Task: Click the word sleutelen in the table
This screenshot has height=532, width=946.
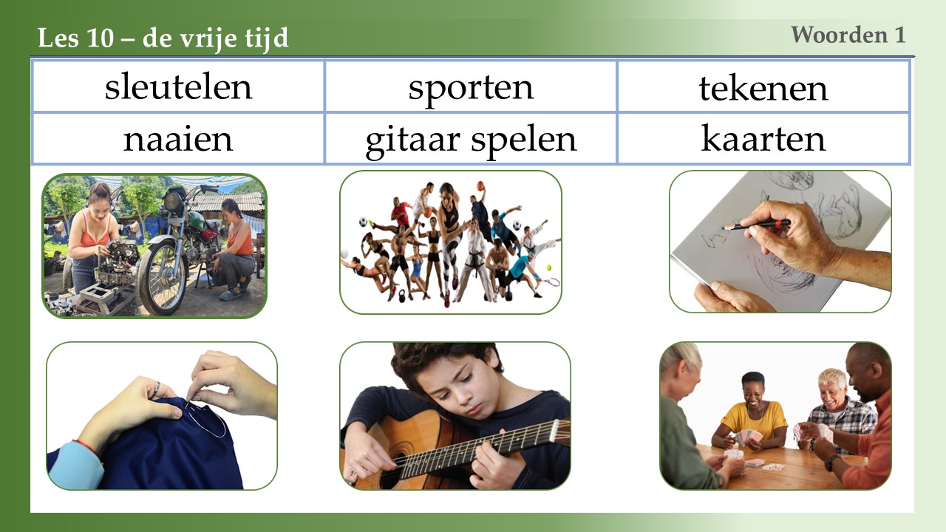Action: click(178, 86)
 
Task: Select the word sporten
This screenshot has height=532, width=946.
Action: click(471, 89)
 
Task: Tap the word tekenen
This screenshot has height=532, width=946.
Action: click(763, 88)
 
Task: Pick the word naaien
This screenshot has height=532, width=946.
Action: click(178, 139)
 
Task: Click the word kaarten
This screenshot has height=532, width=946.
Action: click(763, 138)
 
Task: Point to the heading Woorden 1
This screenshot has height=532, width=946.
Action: click(848, 35)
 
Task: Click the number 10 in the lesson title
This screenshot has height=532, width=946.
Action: click(101, 38)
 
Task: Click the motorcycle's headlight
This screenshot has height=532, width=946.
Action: click(172, 202)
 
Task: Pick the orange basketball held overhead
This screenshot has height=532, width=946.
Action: click(480, 186)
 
